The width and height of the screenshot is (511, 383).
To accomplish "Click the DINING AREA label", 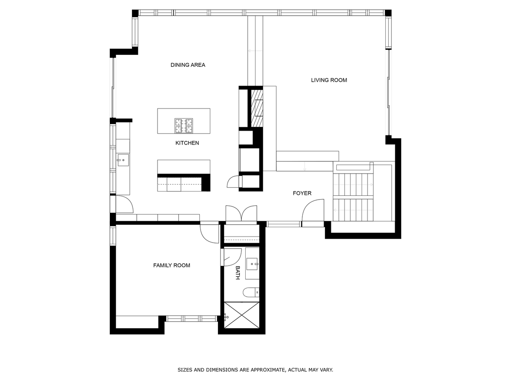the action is [188, 65].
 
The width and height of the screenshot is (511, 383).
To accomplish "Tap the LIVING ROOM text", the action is [329, 80].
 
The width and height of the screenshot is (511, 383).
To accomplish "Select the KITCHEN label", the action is [187, 143].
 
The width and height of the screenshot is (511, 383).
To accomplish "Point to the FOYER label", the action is [302, 193].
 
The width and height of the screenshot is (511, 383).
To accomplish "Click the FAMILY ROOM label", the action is [172, 265].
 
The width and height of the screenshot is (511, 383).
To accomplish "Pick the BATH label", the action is [238, 273].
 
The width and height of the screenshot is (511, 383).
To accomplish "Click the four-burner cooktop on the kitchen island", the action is [184, 126].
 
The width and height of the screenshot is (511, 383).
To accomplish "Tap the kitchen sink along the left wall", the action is [123, 160].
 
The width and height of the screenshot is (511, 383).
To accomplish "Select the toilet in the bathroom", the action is [251, 292].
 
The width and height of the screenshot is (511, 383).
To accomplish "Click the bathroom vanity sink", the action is [252, 264].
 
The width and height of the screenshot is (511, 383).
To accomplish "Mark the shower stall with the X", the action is [241, 315].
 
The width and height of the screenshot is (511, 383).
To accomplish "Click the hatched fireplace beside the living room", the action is [257, 109].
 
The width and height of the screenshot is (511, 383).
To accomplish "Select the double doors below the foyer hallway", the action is [241, 213].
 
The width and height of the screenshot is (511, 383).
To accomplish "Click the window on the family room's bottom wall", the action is [191, 319].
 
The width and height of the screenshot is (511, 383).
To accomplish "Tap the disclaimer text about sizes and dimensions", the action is [255, 370].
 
